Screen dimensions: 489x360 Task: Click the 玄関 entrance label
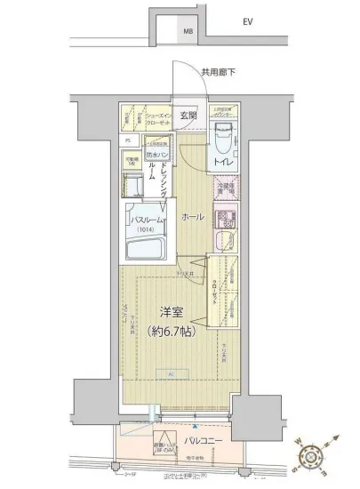click(188, 116)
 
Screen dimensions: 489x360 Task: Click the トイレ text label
click(222, 164)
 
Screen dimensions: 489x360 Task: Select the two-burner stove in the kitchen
click(226, 219)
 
